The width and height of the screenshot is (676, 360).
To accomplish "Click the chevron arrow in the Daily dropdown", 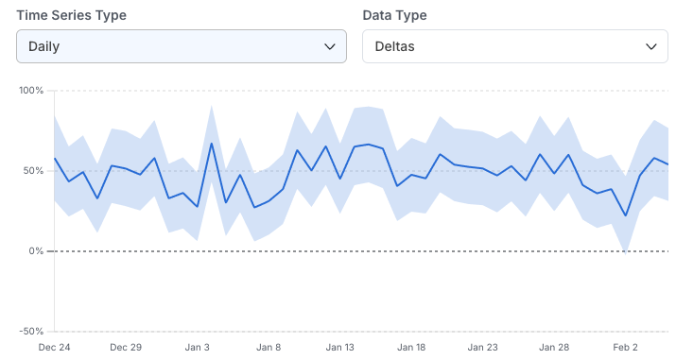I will pyautogui.click(x=330, y=46).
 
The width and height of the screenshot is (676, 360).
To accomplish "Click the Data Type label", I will pyautogui.click(x=394, y=15).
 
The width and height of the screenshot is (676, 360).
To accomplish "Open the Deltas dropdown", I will pyautogui.click(x=514, y=46).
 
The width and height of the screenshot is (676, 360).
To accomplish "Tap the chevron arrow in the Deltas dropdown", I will pyautogui.click(x=650, y=46).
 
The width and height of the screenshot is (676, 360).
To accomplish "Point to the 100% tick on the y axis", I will pyautogui.click(x=31, y=91).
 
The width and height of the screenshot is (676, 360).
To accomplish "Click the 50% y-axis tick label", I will pyautogui.click(x=33, y=171).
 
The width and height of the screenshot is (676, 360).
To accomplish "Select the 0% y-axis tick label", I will pyautogui.click(x=36, y=251).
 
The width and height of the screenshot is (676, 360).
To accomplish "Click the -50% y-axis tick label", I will pyautogui.click(x=31, y=332).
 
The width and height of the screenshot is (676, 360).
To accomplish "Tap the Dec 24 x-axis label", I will pyautogui.click(x=54, y=348).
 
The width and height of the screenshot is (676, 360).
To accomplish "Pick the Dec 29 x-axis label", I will pyautogui.click(x=126, y=348).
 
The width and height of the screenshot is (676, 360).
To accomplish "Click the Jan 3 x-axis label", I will pyautogui.click(x=198, y=348).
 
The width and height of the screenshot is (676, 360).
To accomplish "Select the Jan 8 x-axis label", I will pyautogui.click(x=269, y=348).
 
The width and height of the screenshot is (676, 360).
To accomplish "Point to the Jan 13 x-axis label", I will pyautogui.click(x=339, y=348).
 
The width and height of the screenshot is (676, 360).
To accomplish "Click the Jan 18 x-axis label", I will pyautogui.click(x=411, y=348).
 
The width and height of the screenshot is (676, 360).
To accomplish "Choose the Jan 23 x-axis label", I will pyautogui.click(x=482, y=348).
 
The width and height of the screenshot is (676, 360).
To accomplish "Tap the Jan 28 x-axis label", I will pyautogui.click(x=554, y=348).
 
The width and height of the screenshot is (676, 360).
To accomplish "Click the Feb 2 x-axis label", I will pyautogui.click(x=626, y=348).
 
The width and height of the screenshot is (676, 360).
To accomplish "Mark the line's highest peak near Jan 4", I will pyautogui.click(x=212, y=143).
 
